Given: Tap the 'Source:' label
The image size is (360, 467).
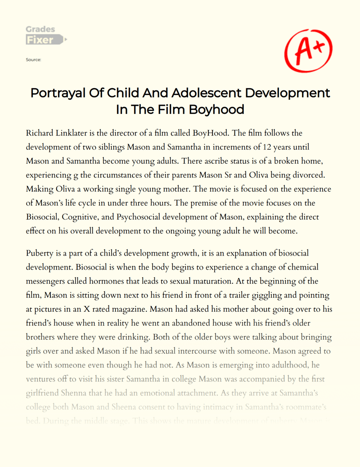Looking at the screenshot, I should point(34,59).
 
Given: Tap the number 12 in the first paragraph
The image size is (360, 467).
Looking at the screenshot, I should point(251,148).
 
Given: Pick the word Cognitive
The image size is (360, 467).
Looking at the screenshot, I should point(90,218).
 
